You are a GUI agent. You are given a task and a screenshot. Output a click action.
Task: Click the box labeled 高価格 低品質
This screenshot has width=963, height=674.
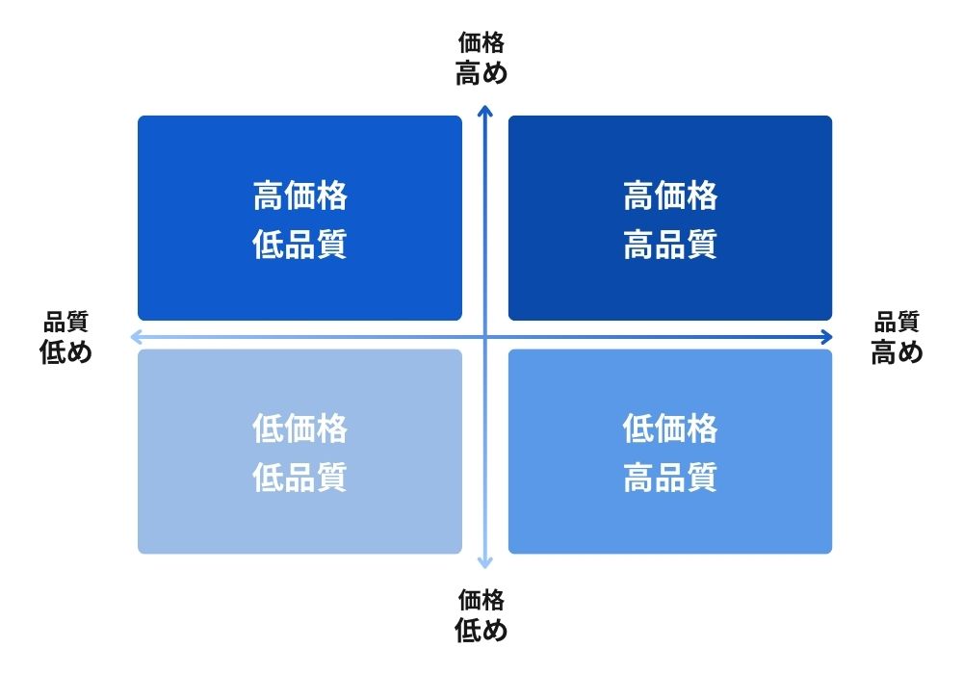click(299, 218)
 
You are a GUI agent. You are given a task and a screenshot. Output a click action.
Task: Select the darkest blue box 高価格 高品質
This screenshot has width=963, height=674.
click(670, 218)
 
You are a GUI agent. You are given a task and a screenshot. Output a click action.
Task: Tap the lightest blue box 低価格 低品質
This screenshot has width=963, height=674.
click(299, 452)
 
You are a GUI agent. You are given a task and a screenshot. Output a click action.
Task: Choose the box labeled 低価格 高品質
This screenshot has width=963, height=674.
click(670, 452)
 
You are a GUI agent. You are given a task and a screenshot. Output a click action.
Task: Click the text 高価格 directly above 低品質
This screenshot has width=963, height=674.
click(300, 195)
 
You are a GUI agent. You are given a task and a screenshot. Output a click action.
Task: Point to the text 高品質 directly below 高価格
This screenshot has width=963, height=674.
click(670, 245)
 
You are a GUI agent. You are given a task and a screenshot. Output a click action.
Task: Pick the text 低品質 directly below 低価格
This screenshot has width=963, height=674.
click(300, 477)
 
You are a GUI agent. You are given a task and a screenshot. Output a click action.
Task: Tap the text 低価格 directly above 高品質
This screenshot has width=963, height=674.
click(670, 428)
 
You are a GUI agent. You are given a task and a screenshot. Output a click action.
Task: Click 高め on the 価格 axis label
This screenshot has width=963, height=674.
click(481, 74)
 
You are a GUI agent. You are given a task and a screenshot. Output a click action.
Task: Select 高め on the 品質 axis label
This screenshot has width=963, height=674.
click(898, 352)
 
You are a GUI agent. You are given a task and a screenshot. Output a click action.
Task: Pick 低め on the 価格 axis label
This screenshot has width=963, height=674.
click(481, 631)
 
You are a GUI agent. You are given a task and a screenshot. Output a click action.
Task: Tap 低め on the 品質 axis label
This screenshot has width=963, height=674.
click(65, 352)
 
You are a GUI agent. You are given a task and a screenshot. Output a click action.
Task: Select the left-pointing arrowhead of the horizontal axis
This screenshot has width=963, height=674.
click(135, 337)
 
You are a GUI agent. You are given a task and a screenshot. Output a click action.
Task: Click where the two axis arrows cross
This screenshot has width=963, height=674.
click(485, 337)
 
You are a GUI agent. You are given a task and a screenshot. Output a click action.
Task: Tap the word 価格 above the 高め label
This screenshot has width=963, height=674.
click(481, 43)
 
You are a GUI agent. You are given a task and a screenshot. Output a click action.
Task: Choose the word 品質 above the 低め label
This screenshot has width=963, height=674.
click(65, 322)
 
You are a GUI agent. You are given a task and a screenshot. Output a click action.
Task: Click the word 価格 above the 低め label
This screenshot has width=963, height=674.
click(481, 600)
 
